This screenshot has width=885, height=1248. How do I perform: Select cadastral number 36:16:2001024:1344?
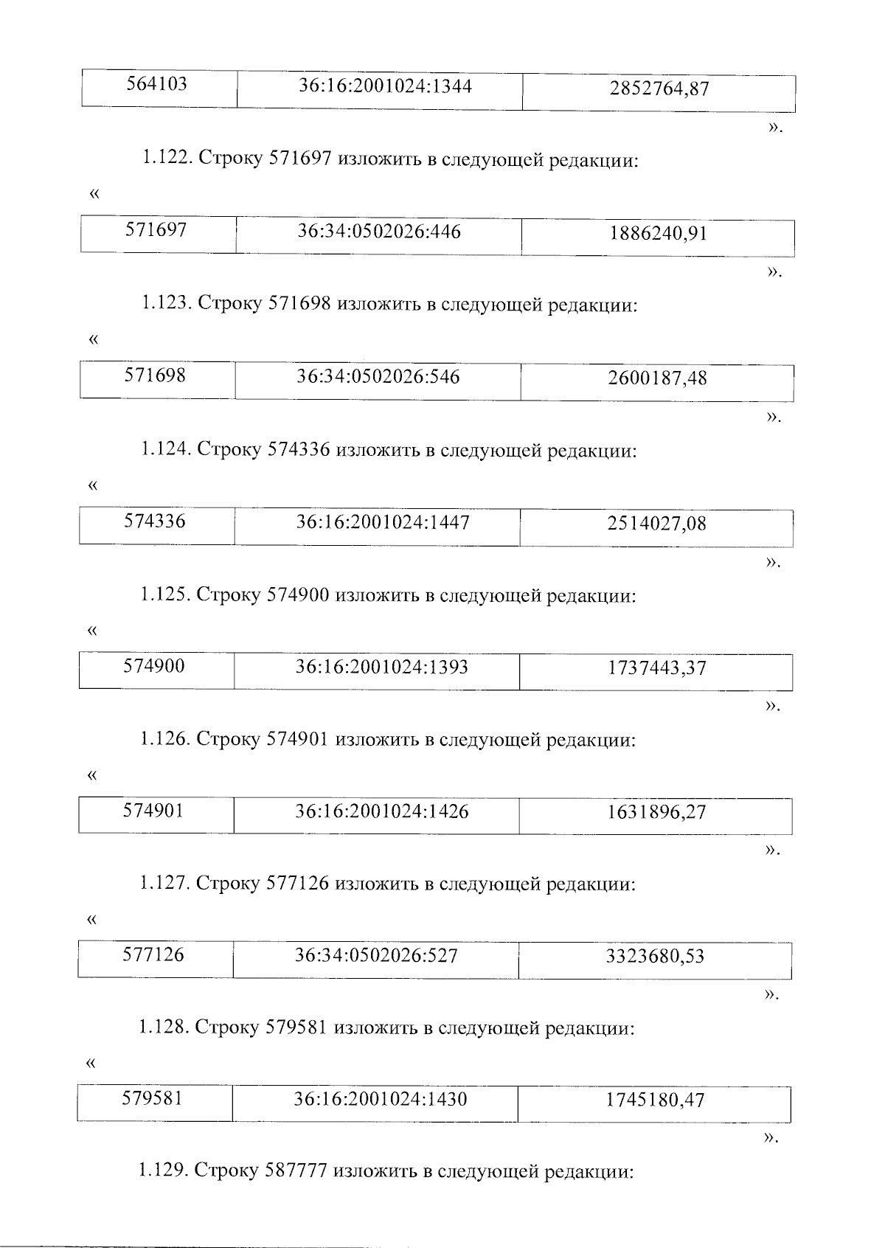385,86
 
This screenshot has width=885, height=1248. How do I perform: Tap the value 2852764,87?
659,89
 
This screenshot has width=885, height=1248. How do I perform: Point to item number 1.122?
166,159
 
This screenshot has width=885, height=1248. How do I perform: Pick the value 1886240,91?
659,234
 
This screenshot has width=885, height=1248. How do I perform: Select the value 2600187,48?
657,378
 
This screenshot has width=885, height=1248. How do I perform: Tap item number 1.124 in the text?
165,450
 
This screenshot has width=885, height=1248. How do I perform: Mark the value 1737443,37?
656,669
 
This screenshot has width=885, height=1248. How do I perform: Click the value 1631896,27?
656,813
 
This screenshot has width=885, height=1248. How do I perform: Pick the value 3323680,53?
655,957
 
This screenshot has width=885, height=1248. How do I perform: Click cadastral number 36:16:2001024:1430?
381,1100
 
